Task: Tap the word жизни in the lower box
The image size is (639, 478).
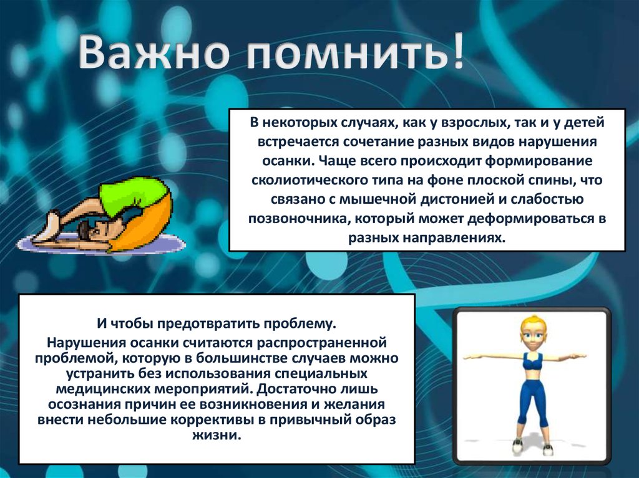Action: click(217, 436)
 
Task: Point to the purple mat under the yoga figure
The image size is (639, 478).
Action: click(100, 244)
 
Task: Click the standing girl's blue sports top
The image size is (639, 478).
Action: click(532, 363)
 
